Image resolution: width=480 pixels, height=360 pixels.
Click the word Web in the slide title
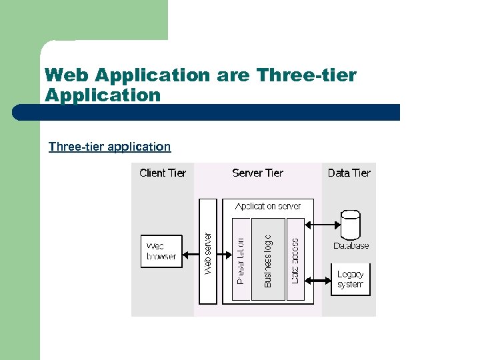[x=66, y=75]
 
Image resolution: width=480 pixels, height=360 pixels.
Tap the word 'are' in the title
[x=233, y=75]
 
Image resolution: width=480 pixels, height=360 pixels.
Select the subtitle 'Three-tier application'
[x=109, y=147]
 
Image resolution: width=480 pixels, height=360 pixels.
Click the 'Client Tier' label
[x=163, y=173]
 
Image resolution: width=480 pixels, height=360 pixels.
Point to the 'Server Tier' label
[x=257, y=173]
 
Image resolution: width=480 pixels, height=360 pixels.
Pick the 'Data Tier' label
[x=349, y=173]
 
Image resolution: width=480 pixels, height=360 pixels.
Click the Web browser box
[x=161, y=251]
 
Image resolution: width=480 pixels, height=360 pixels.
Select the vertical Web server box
[x=209, y=251]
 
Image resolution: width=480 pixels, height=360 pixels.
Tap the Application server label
[x=266, y=207]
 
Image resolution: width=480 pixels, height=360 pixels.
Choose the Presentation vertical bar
[x=241, y=260]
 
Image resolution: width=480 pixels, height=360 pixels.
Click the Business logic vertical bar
[x=268, y=260]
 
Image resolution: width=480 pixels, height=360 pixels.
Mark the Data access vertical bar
[x=295, y=260]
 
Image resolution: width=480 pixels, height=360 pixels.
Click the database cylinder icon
[x=350, y=225]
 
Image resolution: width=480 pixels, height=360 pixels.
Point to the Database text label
[x=351, y=246]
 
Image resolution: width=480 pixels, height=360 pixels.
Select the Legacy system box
[x=351, y=279]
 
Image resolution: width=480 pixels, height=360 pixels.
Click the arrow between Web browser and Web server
[x=191, y=251]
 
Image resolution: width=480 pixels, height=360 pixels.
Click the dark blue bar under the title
[x=207, y=112]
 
